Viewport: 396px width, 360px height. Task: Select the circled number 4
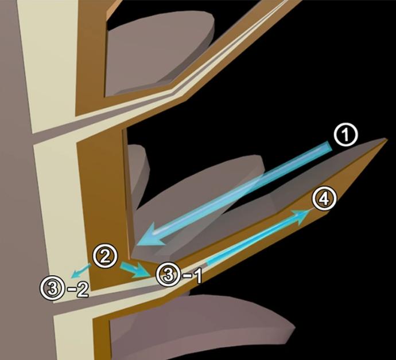[324, 199]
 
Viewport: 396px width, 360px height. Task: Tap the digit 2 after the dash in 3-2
[81, 288]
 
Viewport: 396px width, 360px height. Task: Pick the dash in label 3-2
[70, 288]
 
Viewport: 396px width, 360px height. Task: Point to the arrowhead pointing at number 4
[302, 214]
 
